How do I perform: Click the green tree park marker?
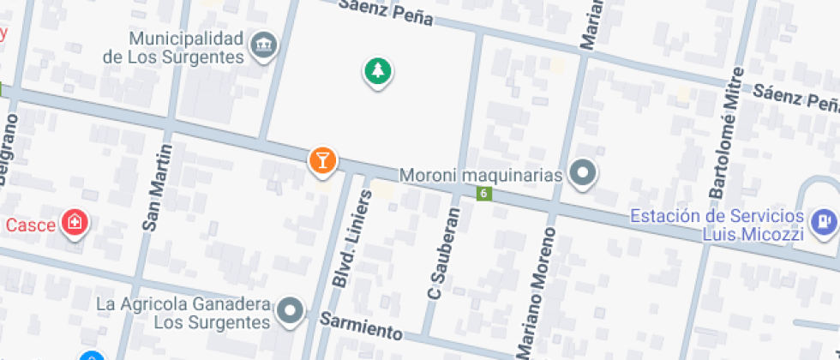tap(376, 72)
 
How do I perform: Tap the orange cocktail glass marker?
tap(322, 159)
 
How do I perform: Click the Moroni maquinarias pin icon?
tap(584, 174)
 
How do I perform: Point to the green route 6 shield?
tap(484, 194)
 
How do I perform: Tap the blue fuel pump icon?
tap(825, 221)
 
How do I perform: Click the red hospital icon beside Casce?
tap(75, 224)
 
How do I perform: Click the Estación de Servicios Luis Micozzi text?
tap(717, 225)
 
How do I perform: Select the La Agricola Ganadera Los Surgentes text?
tap(183, 314)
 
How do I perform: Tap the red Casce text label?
tap(30, 225)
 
